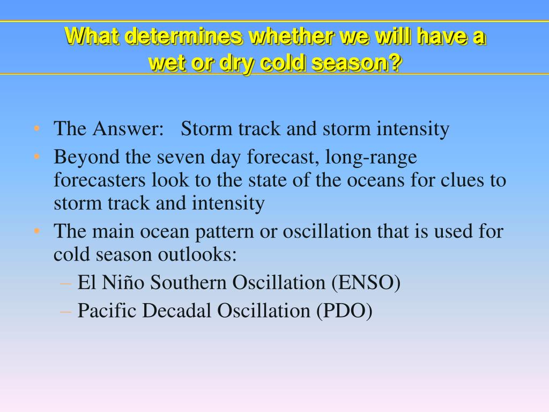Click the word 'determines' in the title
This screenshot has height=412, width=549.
(x=183, y=36)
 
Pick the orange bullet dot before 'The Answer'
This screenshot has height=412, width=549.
(x=37, y=129)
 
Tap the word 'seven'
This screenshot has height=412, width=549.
(x=181, y=158)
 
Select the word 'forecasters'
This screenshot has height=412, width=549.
(x=99, y=180)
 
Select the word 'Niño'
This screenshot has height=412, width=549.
(x=123, y=282)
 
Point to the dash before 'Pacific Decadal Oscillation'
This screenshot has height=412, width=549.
(x=65, y=312)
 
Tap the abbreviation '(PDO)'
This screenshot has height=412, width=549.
(x=344, y=311)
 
